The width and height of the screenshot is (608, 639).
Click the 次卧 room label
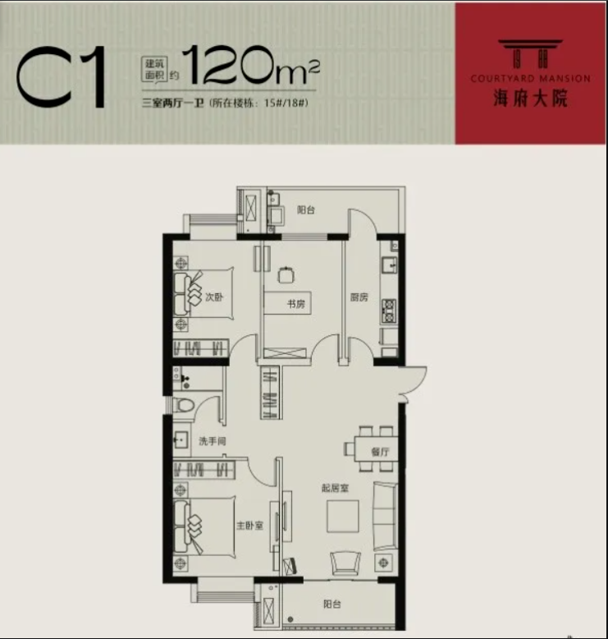(214, 297)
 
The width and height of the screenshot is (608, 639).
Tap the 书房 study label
(296, 304)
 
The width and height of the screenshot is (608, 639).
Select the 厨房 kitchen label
(359, 297)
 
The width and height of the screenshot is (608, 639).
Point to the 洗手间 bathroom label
(213, 441)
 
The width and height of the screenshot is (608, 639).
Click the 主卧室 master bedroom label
(250, 526)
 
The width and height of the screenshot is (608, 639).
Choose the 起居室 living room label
(335, 488)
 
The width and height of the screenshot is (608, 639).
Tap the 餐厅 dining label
(380, 452)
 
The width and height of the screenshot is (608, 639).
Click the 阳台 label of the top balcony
(306, 210)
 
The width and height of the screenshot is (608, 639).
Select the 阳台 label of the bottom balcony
(331, 604)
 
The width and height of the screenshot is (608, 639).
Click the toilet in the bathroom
(183, 406)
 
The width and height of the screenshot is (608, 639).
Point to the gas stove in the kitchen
(389, 311)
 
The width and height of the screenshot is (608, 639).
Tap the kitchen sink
(389, 264)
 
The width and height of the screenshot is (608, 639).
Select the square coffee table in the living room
(343, 517)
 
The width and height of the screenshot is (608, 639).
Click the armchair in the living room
(345, 563)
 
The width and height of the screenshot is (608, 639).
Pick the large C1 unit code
(61, 76)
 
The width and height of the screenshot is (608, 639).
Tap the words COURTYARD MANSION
(531, 78)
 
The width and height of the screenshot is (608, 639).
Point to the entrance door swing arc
(420, 382)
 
